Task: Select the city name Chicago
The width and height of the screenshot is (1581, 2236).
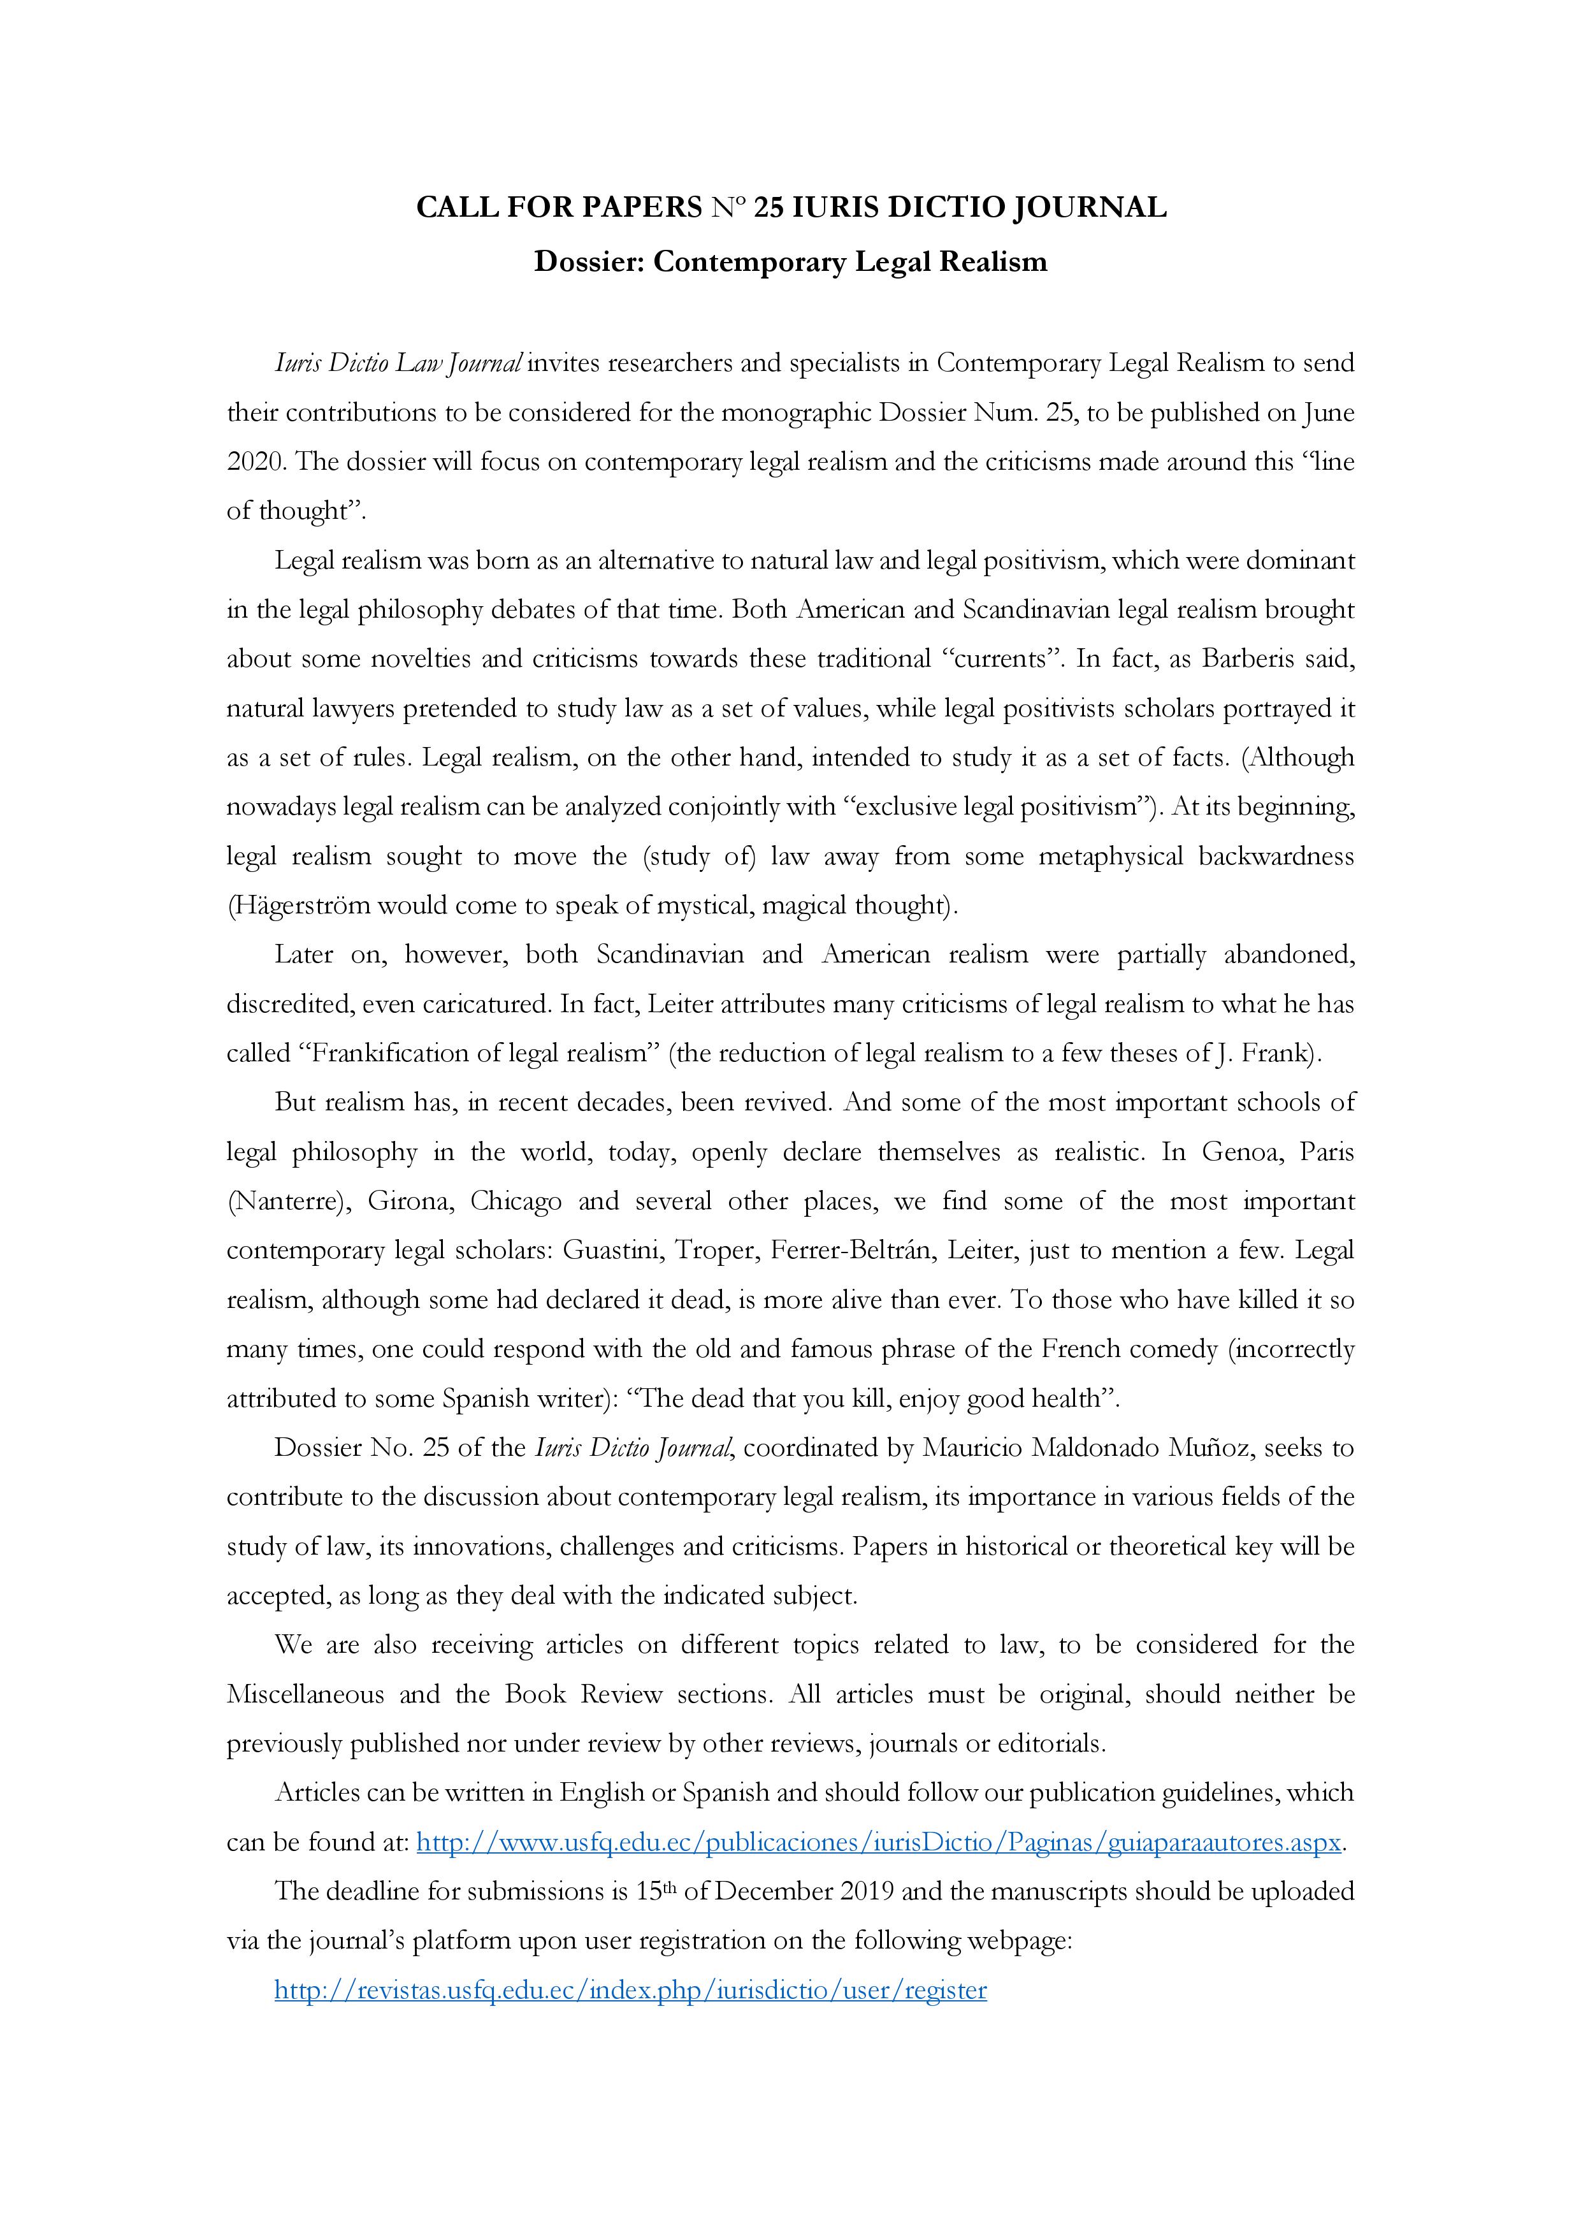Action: pyautogui.click(x=516, y=1201)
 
